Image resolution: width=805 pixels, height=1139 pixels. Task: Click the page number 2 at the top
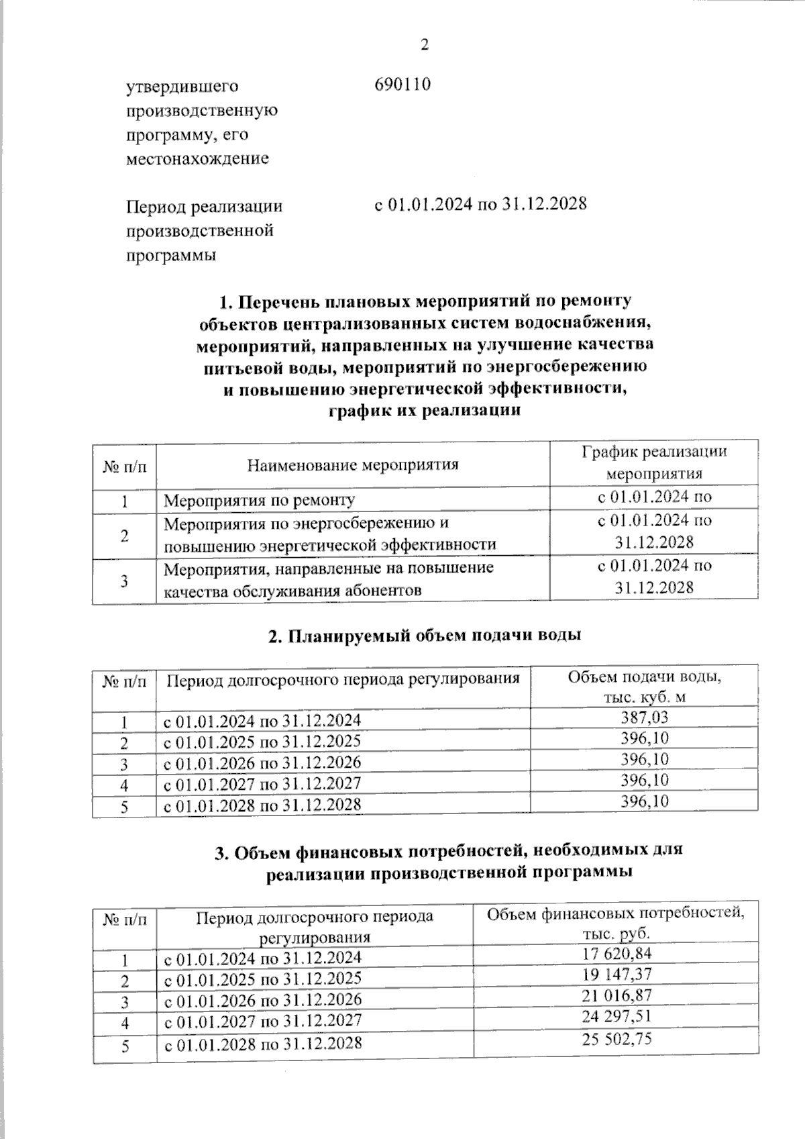click(x=424, y=45)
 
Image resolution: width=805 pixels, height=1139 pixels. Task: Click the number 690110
click(x=402, y=85)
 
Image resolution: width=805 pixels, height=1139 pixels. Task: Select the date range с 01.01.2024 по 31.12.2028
click(x=480, y=203)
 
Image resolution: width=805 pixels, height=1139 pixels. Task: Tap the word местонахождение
click(x=198, y=159)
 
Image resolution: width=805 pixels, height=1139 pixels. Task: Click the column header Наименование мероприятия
click(x=353, y=464)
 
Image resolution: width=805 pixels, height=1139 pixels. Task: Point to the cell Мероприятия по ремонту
click(x=260, y=500)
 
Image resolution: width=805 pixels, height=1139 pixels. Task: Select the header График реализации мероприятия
click(x=653, y=462)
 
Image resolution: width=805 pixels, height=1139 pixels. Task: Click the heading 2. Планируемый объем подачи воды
click(x=424, y=636)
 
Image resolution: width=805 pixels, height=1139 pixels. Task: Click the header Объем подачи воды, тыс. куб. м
click(x=645, y=687)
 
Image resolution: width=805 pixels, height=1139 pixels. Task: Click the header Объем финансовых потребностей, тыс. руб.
click(x=616, y=924)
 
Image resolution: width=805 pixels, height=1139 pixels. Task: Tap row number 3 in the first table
click(x=125, y=581)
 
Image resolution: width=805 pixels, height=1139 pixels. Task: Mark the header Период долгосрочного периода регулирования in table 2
click(x=343, y=679)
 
